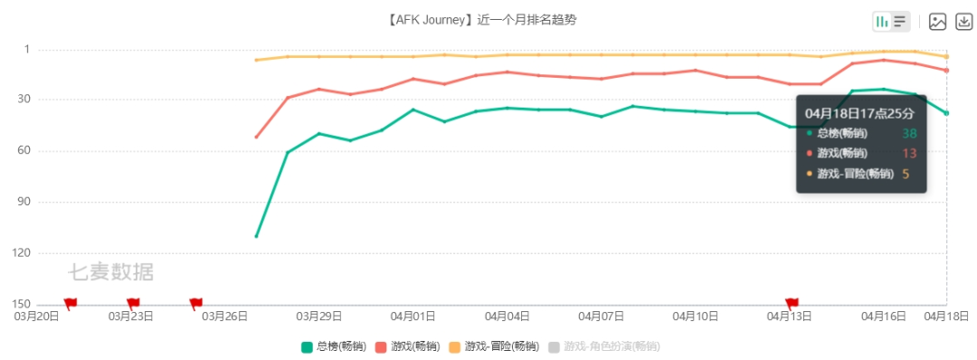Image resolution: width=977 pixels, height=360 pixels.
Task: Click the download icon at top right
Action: click(963, 22)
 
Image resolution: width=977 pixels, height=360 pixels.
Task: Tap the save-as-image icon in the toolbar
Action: click(938, 22)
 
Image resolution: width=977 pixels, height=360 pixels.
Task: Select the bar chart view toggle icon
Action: click(882, 22)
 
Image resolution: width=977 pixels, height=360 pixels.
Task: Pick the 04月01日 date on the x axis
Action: click(413, 317)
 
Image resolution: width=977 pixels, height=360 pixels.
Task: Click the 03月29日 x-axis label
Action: click(319, 317)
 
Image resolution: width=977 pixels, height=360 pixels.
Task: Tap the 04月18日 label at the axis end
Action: click(946, 317)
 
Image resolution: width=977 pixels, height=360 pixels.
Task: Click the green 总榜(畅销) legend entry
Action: click(334, 346)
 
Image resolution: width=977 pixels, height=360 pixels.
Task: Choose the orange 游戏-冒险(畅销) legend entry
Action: click(494, 346)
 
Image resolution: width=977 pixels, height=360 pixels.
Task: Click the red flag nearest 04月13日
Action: click(792, 304)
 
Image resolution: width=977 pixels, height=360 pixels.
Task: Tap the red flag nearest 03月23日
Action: click(133, 304)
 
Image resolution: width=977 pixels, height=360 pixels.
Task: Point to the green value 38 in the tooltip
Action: click(909, 133)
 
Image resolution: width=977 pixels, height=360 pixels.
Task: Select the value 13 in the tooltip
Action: click(909, 153)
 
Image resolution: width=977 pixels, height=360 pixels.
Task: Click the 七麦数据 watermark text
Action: click(111, 271)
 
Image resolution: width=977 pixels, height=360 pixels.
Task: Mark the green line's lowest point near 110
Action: click(257, 236)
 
